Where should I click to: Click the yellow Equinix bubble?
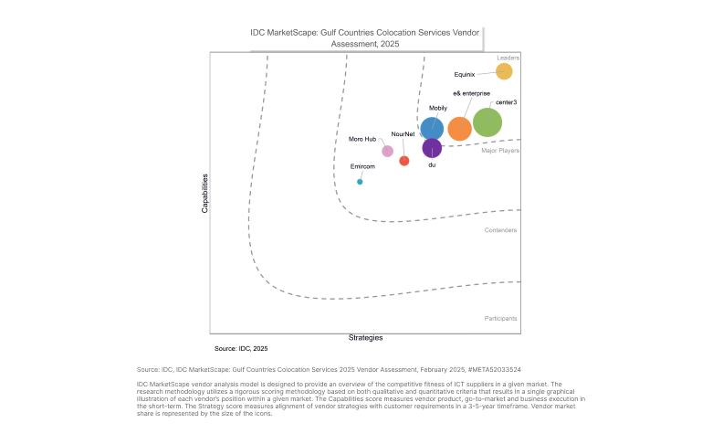point(504,71)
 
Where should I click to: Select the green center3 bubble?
point(487,122)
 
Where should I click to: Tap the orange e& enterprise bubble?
point(460,129)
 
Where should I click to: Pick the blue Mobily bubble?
point(432,129)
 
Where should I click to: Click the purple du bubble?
point(432,147)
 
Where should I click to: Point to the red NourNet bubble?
point(404,161)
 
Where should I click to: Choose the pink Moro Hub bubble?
point(387,152)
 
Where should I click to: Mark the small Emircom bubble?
point(360,182)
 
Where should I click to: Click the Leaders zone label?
point(508,58)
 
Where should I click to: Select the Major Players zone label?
point(500,151)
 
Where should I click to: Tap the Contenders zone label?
point(500,230)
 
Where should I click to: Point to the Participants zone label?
point(500,319)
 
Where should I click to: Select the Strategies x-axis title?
point(365,338)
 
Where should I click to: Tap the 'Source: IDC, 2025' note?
point(241,349)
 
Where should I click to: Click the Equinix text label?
point(465,74)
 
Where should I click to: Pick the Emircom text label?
point(362,167)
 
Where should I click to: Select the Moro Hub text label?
point(362,139)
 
